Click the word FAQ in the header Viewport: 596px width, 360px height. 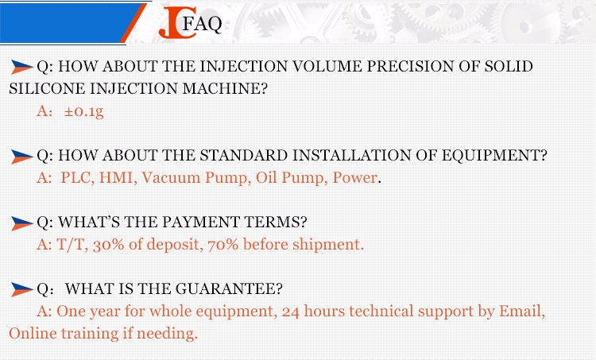pyautogui.click(x=202, y=24)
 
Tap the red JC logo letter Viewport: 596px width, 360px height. pyautogui.click(x=178, y=23)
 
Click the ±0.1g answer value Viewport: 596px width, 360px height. pyautogui.click(x=83, y=111)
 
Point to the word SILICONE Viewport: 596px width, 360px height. pyautogui.click(x=48, y=88)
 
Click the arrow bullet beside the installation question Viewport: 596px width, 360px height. pyautogui.click(x=22, y=157)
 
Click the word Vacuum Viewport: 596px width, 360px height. pyautogui.click(x=171, y=178)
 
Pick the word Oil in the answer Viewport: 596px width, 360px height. pyautogui.click(x=266, y=177)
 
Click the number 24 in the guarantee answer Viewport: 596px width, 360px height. pyautogui.click(x=290, y=312)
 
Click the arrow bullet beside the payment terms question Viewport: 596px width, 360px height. pyautogui.click(x=22, y=223)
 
